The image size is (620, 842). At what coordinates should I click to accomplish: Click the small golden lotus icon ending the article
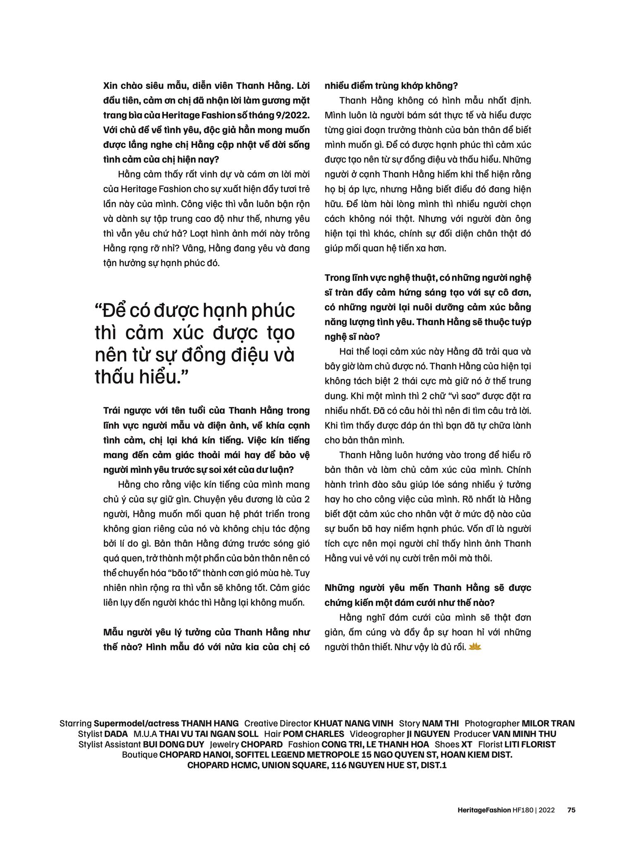pyautogui.click(x=476, y=647)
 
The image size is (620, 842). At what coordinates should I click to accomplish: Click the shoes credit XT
pyautogui.click(x=466, y=744)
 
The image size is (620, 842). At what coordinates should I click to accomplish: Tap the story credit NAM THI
pyautogui.click(x=441, y=723)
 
